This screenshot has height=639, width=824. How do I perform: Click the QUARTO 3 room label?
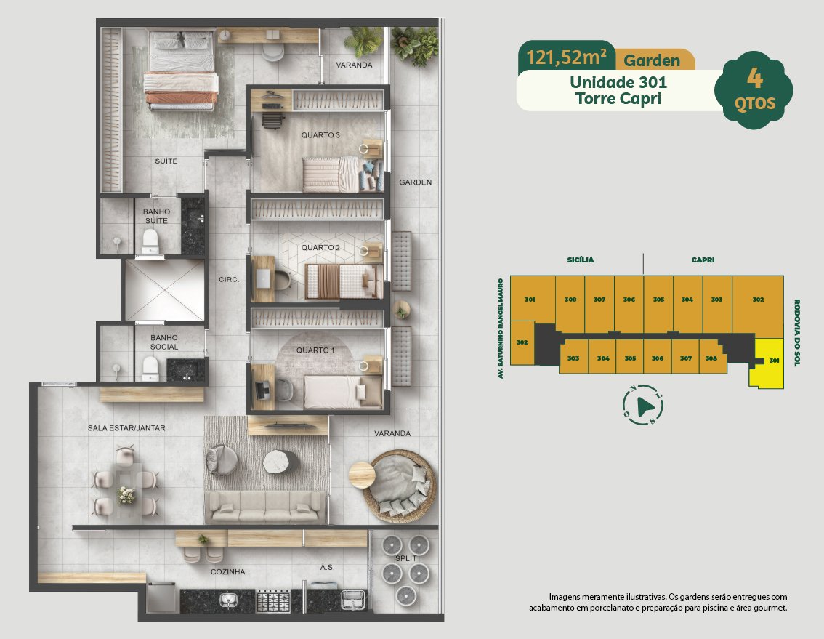pyautogui.click(x=320, y=135)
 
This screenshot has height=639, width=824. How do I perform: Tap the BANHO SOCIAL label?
pyautogui.click(x=164, y=342)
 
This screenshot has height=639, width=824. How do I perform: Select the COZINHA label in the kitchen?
pyautogui.click(x=227, y=571)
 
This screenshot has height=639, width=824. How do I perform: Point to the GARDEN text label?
pyautogui.click(x=415, y=182)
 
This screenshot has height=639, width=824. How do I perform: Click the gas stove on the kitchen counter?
pyautogui.click(x=272, y=601)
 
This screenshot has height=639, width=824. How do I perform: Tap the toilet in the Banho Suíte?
pyautogui.click(x=150, y=241)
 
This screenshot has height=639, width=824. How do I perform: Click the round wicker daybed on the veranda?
pyautogui.click(x=402, y=486)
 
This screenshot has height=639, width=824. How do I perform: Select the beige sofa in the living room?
pyautogui.click(x=264, y=507)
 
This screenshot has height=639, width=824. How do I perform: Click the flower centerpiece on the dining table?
pyautogui.click(x=126, y=495)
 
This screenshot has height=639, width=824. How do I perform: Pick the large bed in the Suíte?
pyautogui.click(x=181, y=71)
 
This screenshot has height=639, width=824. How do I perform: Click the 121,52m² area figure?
pyautogui.click(x=567, y=57)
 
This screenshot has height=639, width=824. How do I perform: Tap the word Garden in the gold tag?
pyautogui.click(x=652, y=60)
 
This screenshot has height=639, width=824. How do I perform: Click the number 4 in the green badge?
pyautogui.click(x=755, y=79)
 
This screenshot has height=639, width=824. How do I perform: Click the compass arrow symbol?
pyautogui.click(x=645, y=406)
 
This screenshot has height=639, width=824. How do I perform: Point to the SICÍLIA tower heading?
pyautogui.click(x=581, y=260)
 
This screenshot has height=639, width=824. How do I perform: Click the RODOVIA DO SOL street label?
pyautogui.click(x=796, y=332)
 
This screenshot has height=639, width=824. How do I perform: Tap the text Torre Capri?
pyautogui.click(x=618, y=99)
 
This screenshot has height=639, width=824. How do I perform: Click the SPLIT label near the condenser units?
pyautogui.click(x=405, y=558)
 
